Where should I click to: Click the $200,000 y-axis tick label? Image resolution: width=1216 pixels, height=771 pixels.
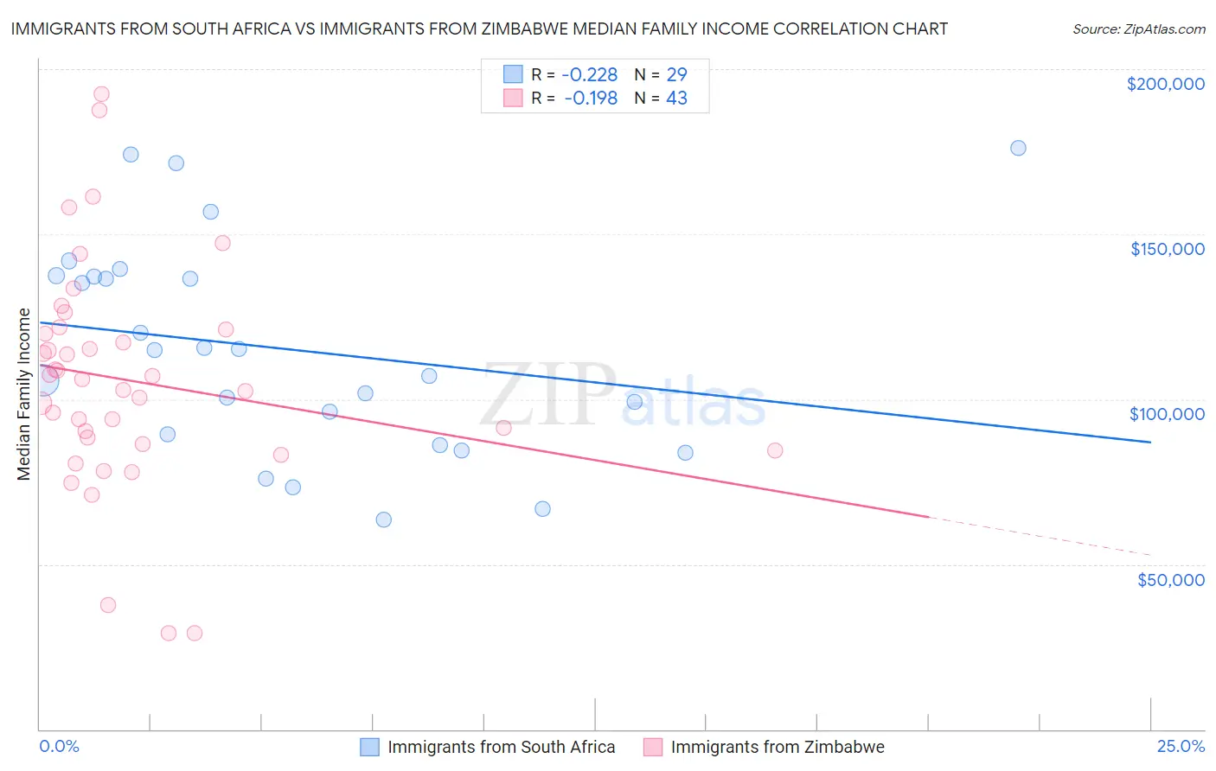coord(1165,84)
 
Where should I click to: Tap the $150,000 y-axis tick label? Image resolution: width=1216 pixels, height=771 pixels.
coord(1167,249)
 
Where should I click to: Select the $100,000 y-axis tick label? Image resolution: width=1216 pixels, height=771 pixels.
coord(1167,414)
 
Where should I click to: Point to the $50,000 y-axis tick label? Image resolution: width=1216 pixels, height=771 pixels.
coord(1170,579)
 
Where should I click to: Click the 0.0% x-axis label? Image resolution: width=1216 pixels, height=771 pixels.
coord(59,746)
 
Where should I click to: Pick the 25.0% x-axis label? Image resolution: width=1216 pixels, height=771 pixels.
coord(1181,746)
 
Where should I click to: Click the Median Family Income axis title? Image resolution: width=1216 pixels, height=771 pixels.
coord(24,394)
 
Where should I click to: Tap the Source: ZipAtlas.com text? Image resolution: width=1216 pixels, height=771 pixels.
coord(1138,29)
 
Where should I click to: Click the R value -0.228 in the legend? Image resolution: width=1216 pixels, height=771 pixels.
coord(590,74)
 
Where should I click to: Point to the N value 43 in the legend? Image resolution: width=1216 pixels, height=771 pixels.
coord(676,99)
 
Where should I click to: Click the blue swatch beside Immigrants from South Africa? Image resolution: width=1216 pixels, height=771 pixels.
coord(370,747)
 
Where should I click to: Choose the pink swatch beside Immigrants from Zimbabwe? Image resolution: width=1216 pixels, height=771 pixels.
coord(653,747)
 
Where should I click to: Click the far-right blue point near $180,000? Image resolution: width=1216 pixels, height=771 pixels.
coord(1018,148)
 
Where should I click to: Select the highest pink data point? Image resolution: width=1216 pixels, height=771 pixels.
coord(101,94)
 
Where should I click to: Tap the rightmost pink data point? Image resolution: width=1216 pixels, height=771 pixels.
coord(775,450)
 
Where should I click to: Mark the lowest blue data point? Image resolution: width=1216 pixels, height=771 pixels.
coord(384,519)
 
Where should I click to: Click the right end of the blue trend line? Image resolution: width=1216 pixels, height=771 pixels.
coord(1149,442)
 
